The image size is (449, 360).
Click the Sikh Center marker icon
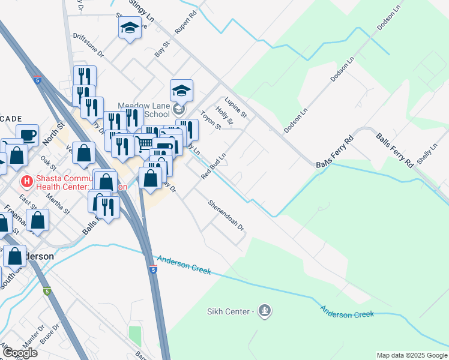[265, 311]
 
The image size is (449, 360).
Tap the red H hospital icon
[26, 180]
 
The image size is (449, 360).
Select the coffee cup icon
[28, 136]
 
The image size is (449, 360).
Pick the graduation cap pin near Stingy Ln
[130, 28]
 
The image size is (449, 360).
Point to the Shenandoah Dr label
[226, 215]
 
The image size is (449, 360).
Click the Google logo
[20, 353]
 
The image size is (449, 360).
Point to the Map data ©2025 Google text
[412, 355]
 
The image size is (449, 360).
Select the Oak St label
[47, 163]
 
